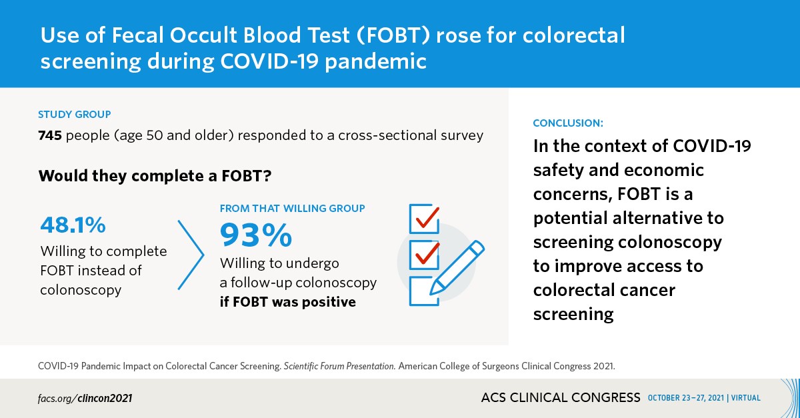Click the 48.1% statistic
click(73, 225)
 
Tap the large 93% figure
click(256, 235)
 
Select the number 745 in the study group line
click(51, 136)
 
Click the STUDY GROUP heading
click(74, 115)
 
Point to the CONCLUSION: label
click(568, 123)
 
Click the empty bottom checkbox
click(420, 291)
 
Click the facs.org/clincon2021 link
click(85, 398)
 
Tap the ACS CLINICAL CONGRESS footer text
click(560, 398)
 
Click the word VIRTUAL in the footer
click(746, 399)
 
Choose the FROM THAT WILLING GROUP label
click(292, 209)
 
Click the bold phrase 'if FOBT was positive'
click(287, 301)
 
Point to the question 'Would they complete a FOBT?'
click(155, 177)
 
